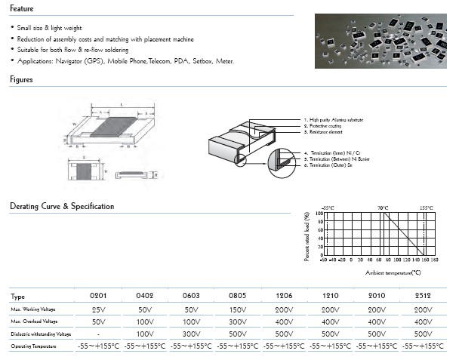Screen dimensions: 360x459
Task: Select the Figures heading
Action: point(22,79)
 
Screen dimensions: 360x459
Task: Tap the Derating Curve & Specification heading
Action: point(62,206)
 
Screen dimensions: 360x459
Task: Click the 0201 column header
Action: point(99,297)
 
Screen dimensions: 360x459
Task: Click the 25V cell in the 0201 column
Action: point(99,309)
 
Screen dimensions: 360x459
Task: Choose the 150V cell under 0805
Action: point(239,309)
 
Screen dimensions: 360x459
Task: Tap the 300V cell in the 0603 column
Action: point(192,334)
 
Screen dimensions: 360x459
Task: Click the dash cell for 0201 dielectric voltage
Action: point(99,334)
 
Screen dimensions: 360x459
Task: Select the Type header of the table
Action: point(19,297)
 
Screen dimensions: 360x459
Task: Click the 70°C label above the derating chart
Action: point(383,208)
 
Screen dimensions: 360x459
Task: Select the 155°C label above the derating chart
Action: point(427,208)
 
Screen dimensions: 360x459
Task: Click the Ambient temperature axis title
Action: point(393,272)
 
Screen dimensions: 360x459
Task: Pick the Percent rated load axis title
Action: point(307,237)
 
